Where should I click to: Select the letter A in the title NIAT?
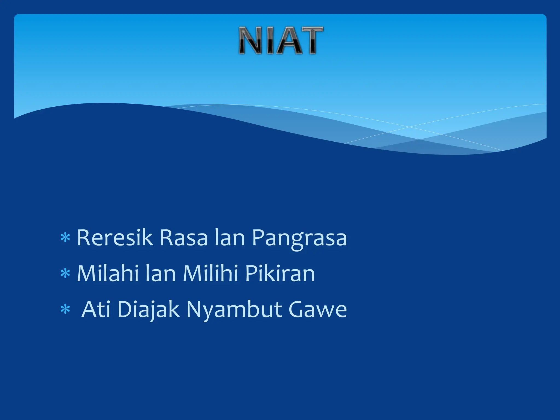(290, 40)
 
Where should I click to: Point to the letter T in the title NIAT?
(311, 40)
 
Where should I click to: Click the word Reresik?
(115, 237)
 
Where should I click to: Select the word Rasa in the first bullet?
(183, 237)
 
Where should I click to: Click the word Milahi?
(108, 273)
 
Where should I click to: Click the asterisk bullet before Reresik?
(65, 238)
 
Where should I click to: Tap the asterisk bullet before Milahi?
(65, 273)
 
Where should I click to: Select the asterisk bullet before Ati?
(65, 310)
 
